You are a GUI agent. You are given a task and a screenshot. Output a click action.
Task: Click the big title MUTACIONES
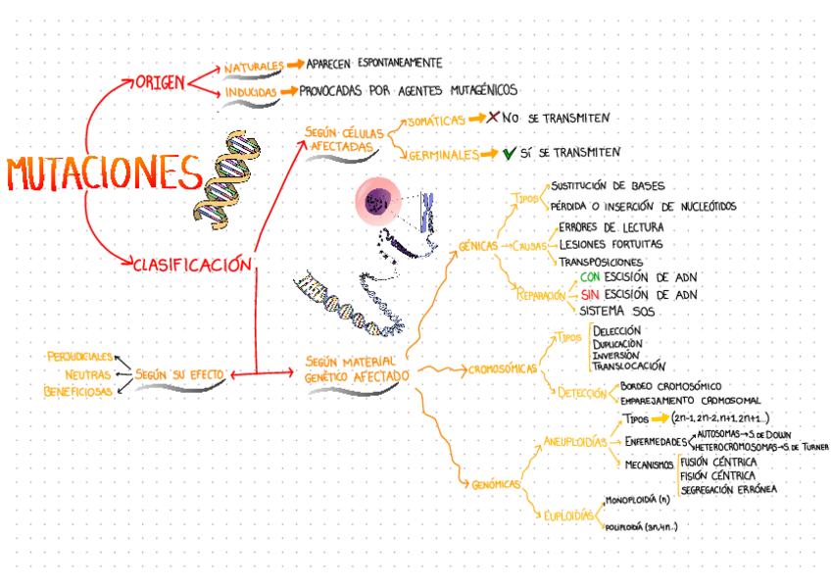click(103, 174)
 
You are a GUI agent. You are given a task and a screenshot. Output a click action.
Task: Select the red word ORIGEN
click(160, 82)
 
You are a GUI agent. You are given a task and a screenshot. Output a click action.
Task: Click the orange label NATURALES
click(253, 67)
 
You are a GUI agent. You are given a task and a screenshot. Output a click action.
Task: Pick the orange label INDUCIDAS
click(250, 93)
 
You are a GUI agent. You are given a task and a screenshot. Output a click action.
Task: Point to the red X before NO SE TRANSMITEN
click(493, 117)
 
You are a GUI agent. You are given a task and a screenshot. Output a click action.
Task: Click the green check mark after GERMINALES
click(509, 154)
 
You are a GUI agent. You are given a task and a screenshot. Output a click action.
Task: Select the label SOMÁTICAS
click(435, 120)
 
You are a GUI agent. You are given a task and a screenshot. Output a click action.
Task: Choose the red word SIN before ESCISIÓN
click(590, 294)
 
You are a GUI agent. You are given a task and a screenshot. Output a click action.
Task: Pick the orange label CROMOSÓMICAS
click(503, 369)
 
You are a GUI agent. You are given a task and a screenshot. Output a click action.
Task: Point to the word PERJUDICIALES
click(80, 356)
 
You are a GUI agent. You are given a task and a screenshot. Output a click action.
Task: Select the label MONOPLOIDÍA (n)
click(637, 500)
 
